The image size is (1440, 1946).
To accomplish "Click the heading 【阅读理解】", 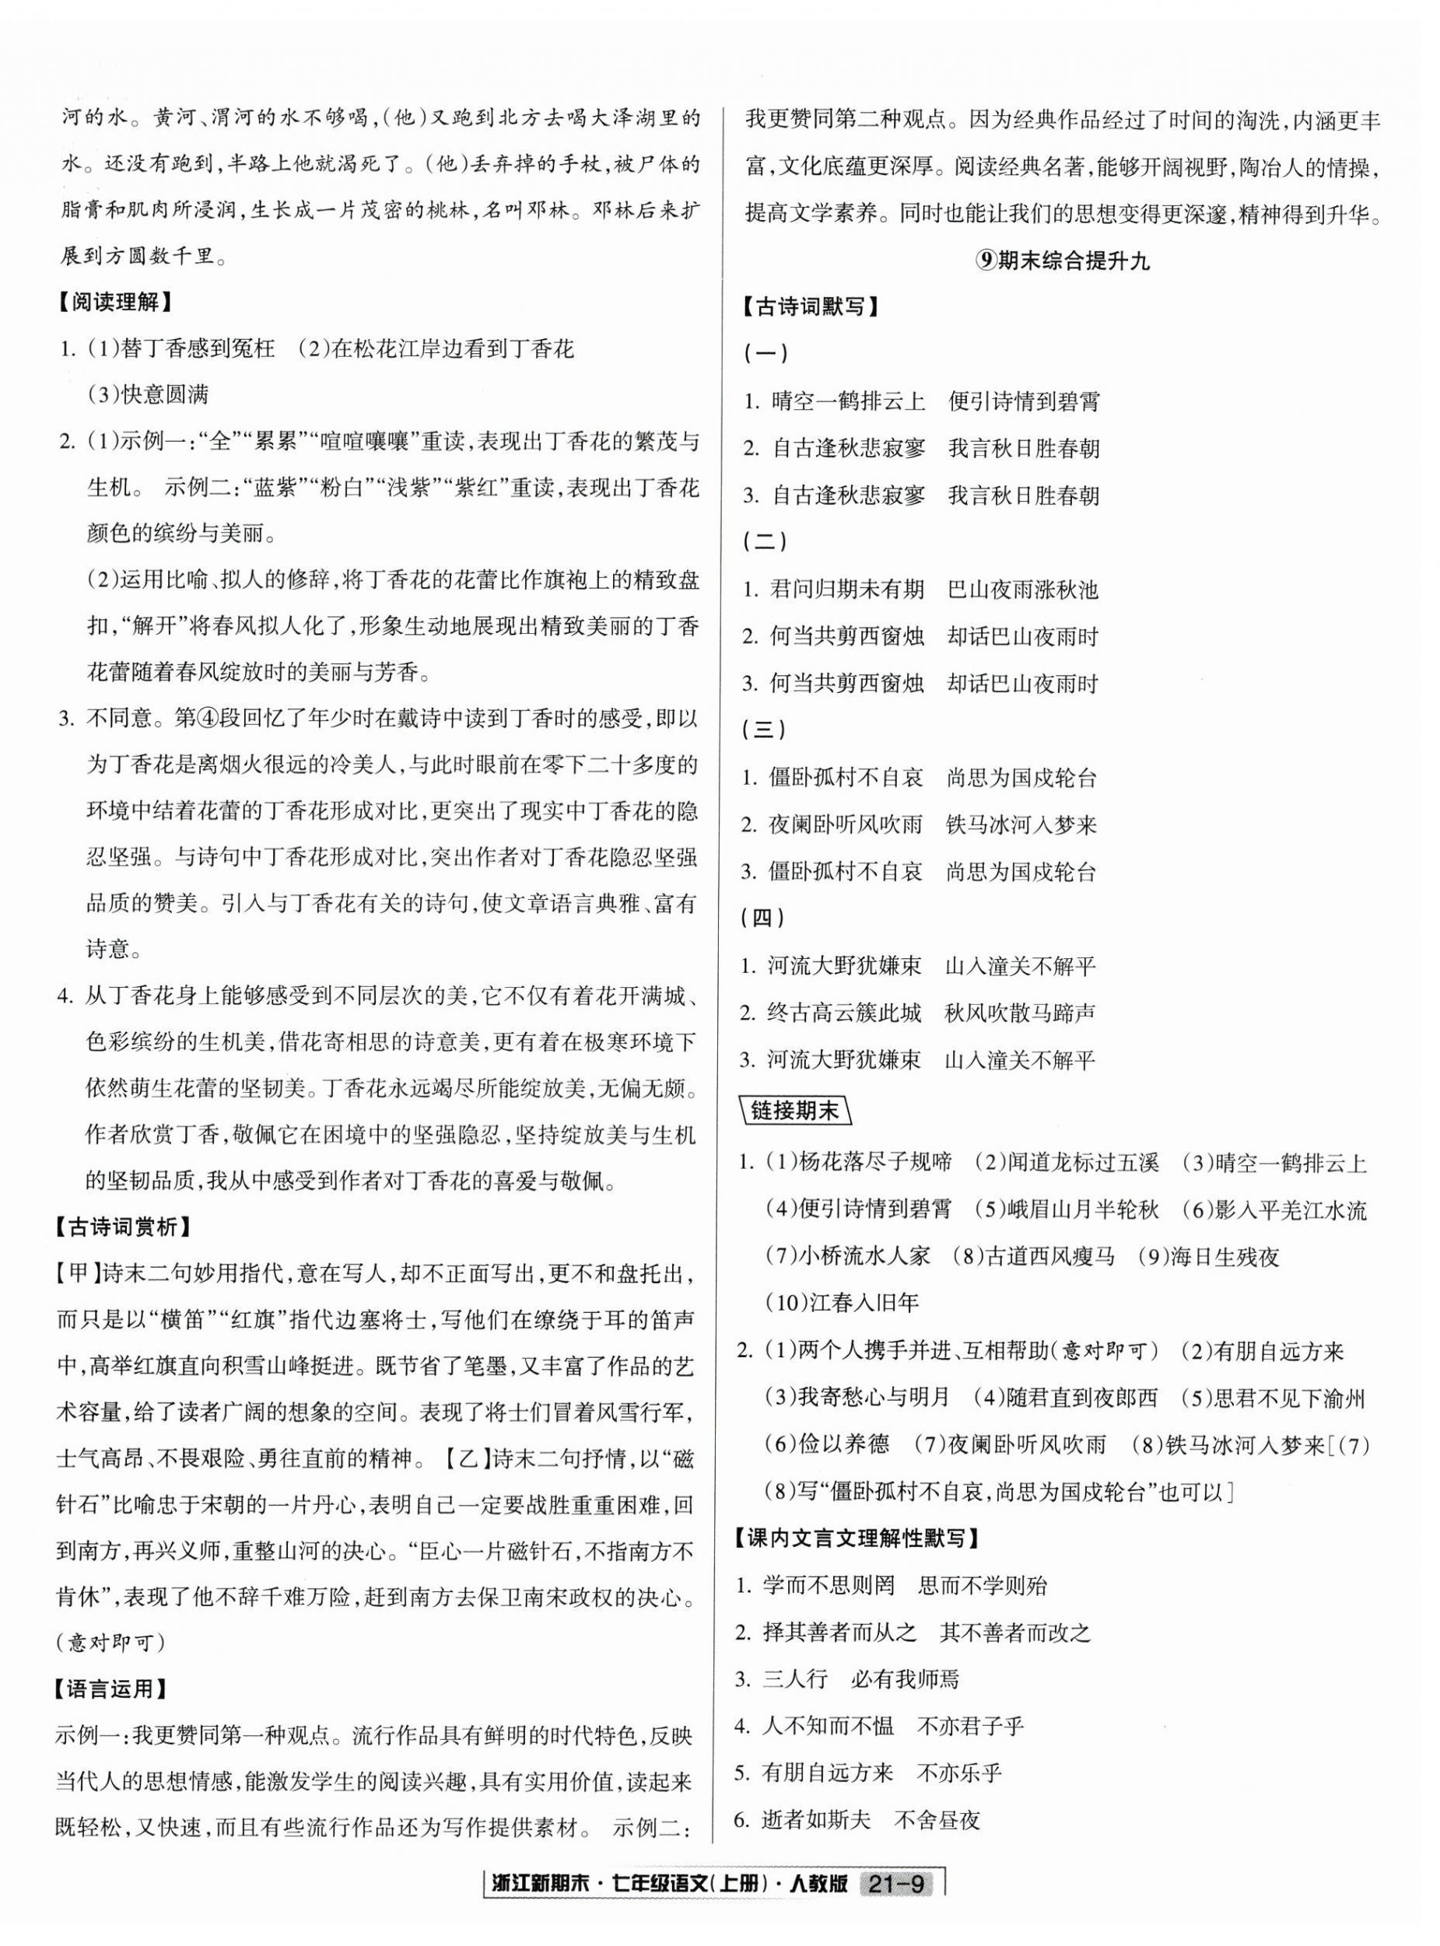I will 114,303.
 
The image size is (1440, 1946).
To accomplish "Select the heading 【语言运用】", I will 114,1689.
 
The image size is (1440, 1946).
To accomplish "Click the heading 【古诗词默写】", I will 808,306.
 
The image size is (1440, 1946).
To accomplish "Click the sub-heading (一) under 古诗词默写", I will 765,354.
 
